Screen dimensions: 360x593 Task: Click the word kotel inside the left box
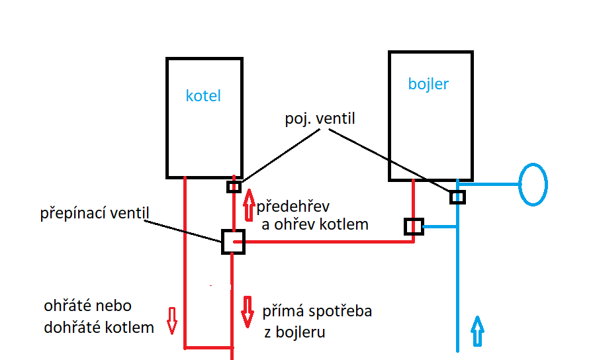203,96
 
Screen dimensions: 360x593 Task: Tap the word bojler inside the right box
428,84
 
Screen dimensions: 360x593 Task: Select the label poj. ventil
320,119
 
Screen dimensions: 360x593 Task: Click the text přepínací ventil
95,214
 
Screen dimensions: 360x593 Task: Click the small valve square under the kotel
234,187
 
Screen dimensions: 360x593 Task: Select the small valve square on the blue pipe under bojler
457,197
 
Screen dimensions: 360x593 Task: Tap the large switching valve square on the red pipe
233,242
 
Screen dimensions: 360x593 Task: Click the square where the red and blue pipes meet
414,226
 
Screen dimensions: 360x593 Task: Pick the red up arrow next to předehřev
249,205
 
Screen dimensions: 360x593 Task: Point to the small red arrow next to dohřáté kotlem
171,320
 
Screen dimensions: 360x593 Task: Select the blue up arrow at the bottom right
477,331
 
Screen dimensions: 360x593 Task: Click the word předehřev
294,205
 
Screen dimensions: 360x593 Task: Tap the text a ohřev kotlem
315,224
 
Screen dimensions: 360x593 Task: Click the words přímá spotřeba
317,311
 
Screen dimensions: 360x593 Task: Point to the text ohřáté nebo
87,306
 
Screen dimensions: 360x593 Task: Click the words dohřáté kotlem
99,327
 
